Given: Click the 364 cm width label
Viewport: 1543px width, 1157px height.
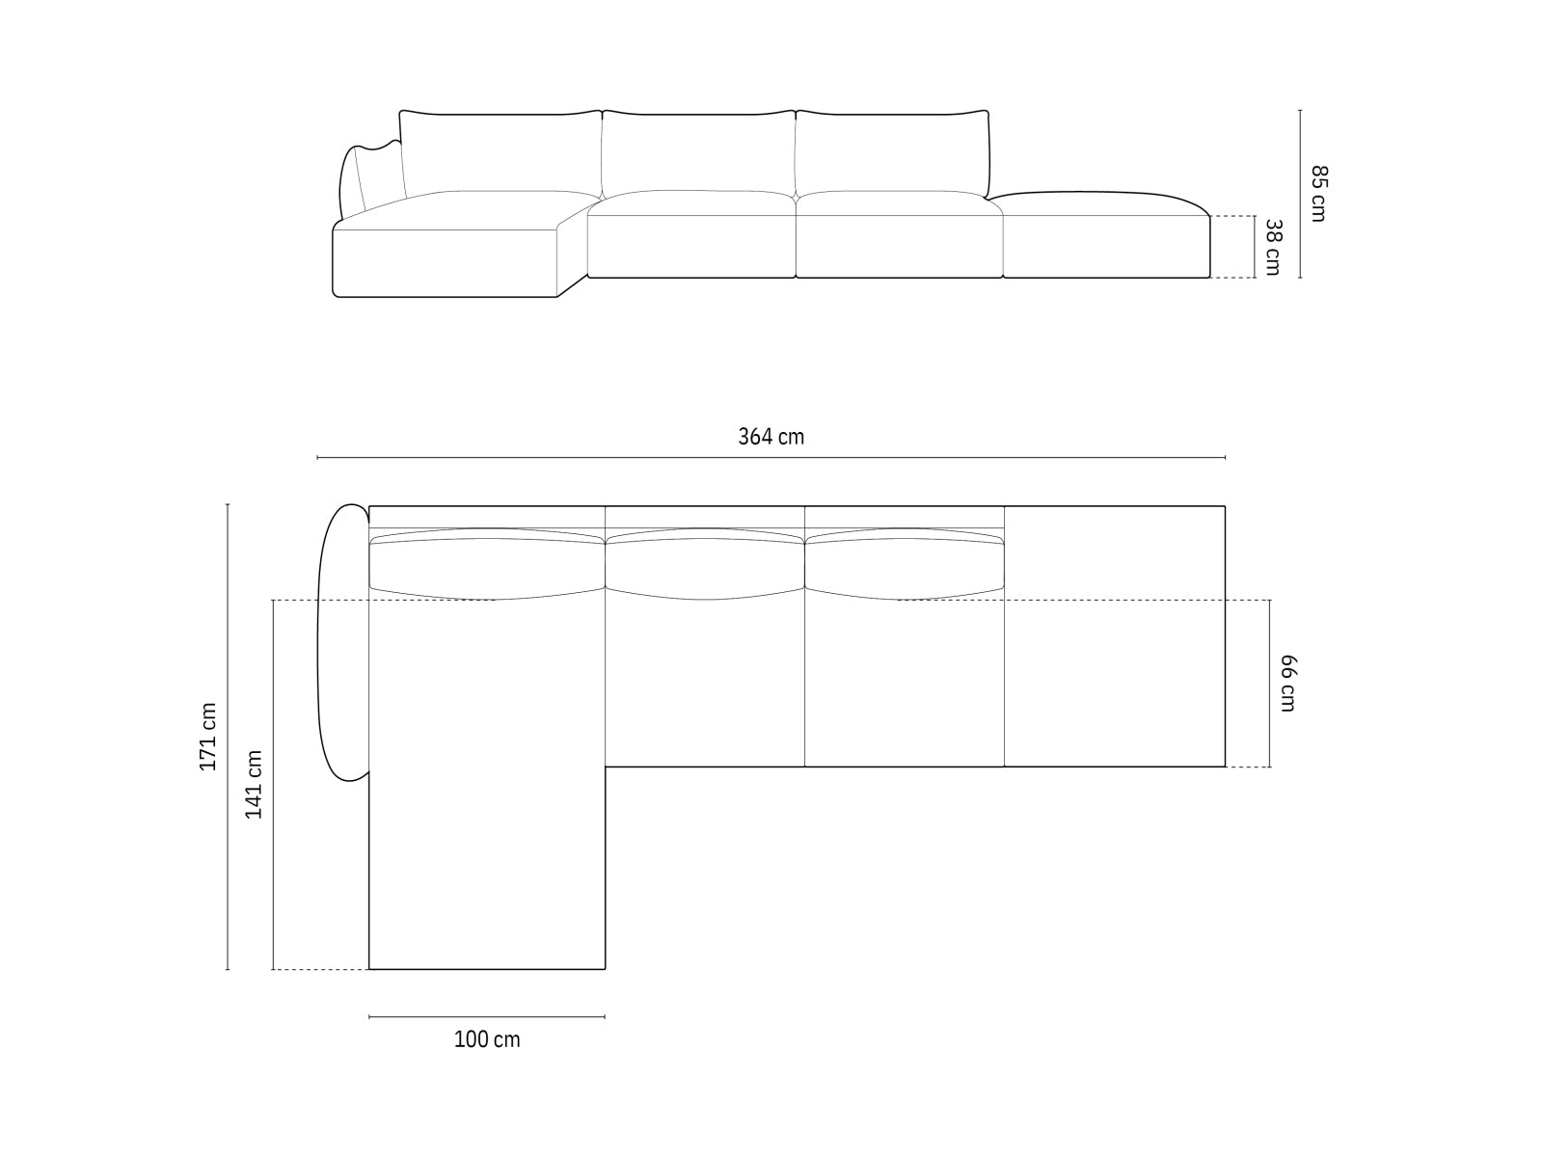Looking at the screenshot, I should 771,437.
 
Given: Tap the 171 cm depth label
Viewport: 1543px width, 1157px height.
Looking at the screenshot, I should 208,736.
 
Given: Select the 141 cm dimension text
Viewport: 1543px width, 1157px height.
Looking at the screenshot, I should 254,784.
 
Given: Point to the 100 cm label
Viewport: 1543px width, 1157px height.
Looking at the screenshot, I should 487,1039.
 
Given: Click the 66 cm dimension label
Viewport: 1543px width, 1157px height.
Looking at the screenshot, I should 1287,683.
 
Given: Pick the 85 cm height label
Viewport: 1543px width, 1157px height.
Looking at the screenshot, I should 1318,193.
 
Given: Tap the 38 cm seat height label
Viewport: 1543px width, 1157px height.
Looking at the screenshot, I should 1272,247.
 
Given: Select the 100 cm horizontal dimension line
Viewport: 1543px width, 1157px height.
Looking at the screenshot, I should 487,1016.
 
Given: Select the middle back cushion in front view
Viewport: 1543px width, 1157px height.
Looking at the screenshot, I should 698,152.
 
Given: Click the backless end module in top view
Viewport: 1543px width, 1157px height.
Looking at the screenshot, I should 1114,636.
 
